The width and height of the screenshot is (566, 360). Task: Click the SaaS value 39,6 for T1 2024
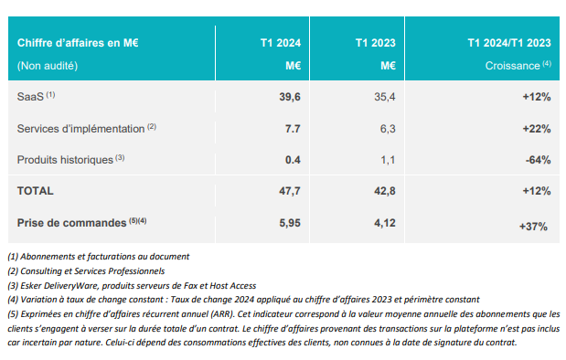pos(290,97)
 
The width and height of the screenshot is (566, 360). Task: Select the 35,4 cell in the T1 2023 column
pos(384,97)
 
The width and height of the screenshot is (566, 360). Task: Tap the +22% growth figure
pos(537,129)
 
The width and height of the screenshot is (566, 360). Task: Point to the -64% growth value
pos(538,160)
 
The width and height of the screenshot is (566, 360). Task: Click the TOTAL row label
pos(35,191)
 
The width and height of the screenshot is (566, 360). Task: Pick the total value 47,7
pos(290,191)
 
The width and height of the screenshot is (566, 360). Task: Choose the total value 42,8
pos(384,191)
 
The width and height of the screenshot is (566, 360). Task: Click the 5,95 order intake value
pos(290,223)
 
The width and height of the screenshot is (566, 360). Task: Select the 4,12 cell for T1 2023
pos(384,223)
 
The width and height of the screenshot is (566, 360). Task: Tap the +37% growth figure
pos(533,227)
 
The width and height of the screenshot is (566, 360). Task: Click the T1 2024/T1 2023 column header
pos(509,43)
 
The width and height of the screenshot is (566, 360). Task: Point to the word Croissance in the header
pos(513,66)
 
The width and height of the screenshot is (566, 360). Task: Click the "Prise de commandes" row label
pos(71,223)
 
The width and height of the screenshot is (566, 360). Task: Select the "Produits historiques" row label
pos(65,160)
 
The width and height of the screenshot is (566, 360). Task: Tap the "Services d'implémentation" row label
pos(80,129)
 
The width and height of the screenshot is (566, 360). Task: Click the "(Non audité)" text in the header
pos(48,66)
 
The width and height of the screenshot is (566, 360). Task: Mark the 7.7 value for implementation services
pos(293,129)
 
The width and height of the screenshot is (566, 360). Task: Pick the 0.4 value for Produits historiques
pos(293,160)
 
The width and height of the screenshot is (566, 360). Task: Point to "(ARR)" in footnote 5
pos(223,313)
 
